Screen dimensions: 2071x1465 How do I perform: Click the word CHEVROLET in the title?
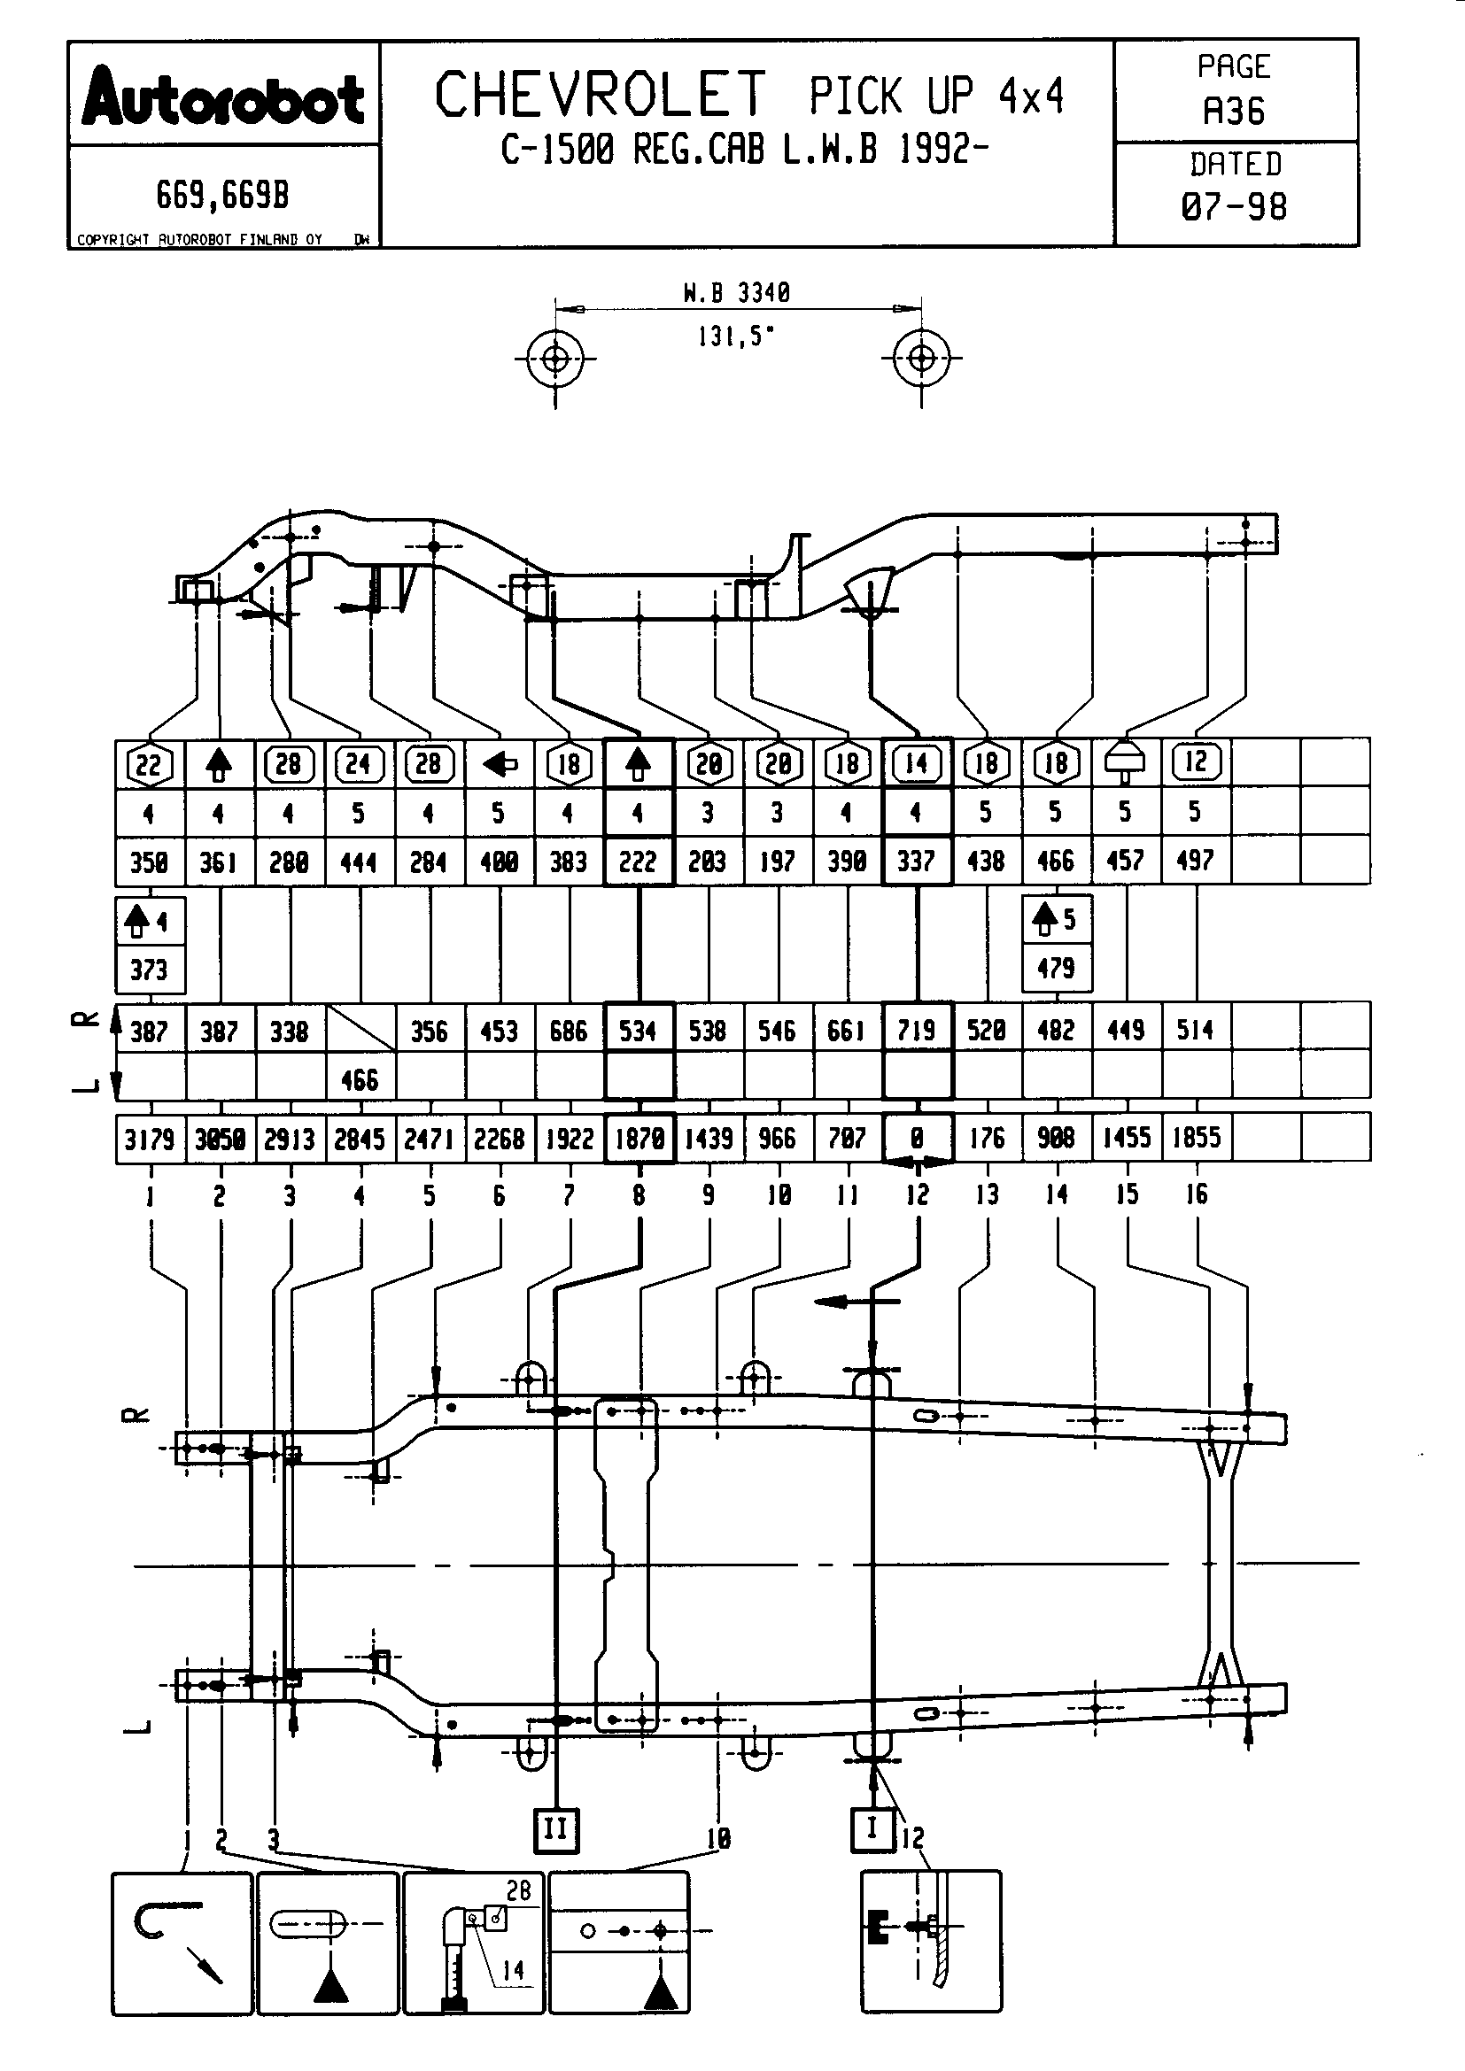pyautogui.click(x=600, y=96)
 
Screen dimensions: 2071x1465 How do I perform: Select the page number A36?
pyautogui.click(x=1234, y=112)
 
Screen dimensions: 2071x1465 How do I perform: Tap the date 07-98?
pyautogui.click(x=1234, y=207)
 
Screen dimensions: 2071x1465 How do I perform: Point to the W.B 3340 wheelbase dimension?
pyautogui.click(x=736, y=293)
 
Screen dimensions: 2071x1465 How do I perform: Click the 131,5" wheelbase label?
pyautogui.click(x=736, y=336)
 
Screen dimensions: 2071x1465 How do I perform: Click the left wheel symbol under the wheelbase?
pyautogui.click(x=554, y=359)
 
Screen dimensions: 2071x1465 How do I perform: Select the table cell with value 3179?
pyautogui.click(x=150, y=1139)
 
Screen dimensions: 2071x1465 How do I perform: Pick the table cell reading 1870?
pyautogui.click(x=639, y=1139)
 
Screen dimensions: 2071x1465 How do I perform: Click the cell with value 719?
pyautogui.click(x=917, y=1030)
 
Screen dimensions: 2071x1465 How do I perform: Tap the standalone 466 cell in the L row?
pyautogui.click(x=359, y=1079)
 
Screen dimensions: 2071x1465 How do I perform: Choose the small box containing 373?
pyautogui.click(x=150, y=970)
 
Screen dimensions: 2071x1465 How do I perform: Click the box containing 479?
pyautogui.click(x=1057, y=969)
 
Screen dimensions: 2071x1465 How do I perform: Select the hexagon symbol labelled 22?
pyautogui.click(x=149, y=765)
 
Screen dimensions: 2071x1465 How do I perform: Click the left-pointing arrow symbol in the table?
pyautogui.click(x=499, y=765)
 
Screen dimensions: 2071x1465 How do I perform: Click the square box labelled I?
pyautogui.click(x=872, y=1828)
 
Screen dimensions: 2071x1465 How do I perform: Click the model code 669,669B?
pyautogui.click(x=223, y=195)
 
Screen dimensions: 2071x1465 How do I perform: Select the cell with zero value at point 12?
pyautogui.click(x=917, y=1139)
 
